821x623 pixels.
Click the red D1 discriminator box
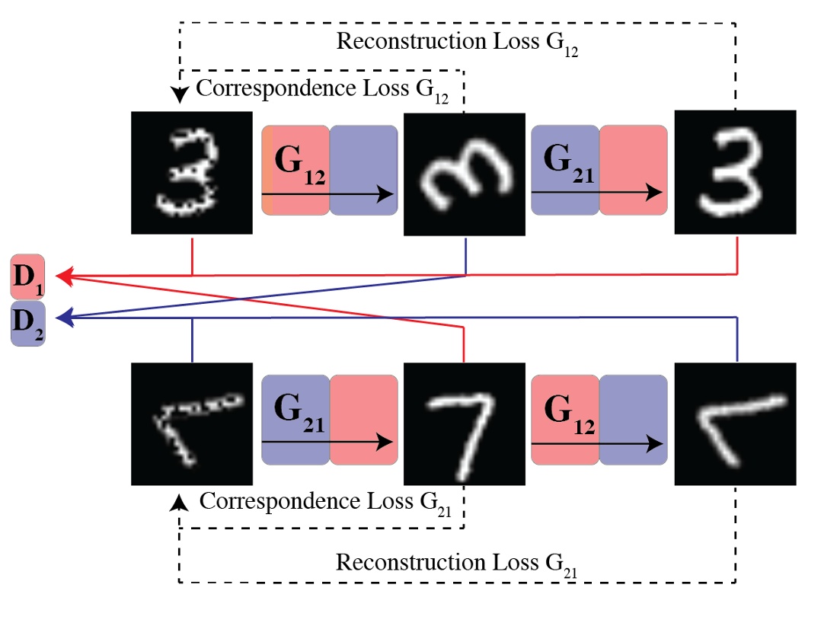tap(27, 279)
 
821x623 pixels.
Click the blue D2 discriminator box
tap(27, 324)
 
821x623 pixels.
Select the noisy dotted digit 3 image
tap(191, 172)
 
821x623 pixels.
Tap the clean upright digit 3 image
tap(736, 172)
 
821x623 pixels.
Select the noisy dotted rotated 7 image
tap(191, 423)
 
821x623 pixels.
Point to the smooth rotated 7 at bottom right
tap(736, 423)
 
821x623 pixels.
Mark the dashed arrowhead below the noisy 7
tap(180, 500)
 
